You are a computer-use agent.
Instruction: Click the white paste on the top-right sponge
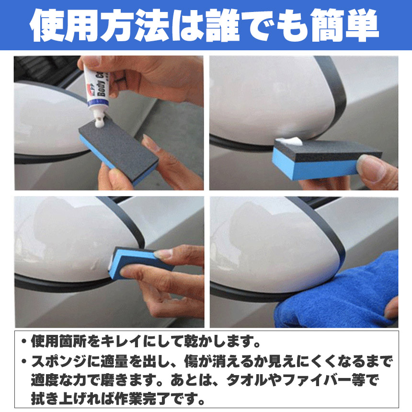point(291,141)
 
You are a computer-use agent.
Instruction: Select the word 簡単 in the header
point(343,25)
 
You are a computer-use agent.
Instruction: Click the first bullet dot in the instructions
point(24,342)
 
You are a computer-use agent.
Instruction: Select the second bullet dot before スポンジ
point(24,362)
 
